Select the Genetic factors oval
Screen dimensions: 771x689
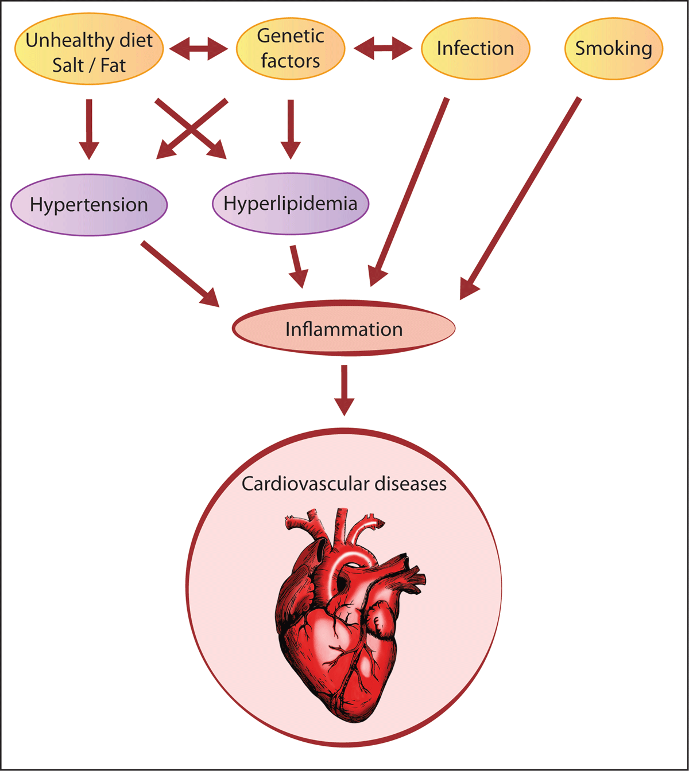pos(291,48)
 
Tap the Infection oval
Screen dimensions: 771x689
pos(475,48)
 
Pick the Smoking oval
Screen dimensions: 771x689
pos(613,48)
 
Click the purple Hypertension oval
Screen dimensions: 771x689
pos(89,205)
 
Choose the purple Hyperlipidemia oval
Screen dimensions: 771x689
pos(291,204)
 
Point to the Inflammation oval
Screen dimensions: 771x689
pos(343,329)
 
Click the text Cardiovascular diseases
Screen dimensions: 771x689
pos(344,484)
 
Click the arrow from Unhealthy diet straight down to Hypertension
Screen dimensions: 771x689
pos(88,128)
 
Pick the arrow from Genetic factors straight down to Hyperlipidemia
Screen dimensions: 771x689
pos(291,128)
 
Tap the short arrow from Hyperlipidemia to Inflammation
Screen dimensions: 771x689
pos(297,266)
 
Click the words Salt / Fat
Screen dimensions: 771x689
pos(89,65)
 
